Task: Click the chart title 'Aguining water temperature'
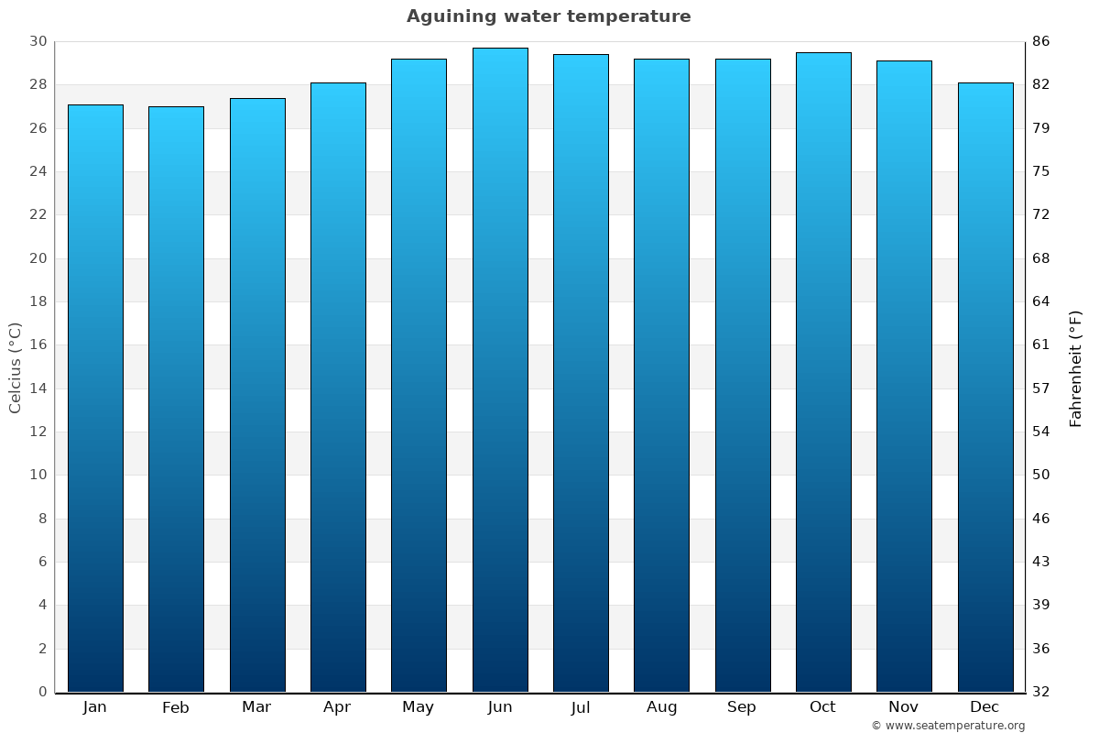(x=549, y=16)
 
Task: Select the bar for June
(x=500, y=370)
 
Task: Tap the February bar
(x=176, y=399)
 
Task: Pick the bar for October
(x=823, y=372)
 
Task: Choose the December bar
(x=985, y=387)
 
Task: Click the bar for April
(x=338, y=387)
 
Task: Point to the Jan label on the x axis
(x=94, y=707)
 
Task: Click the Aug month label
(x=661, y=707)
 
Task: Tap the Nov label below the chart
(x=904, y=707)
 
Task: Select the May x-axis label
(x=419, y=707)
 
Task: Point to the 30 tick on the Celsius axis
(x=38, y=41)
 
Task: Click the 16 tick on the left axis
(x=38, y=345)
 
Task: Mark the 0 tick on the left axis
(x=42, y=692)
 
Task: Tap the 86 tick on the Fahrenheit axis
(x=1041, y=41)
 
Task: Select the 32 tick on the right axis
(x=1041, y=692)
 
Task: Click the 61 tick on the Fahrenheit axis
(x=1041, y=345)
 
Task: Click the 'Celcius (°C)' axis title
(x=15, y=367)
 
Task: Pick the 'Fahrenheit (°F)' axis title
(x=1076, y=367)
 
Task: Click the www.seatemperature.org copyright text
(x=948, y=726)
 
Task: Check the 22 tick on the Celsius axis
(x=38, y=214)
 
